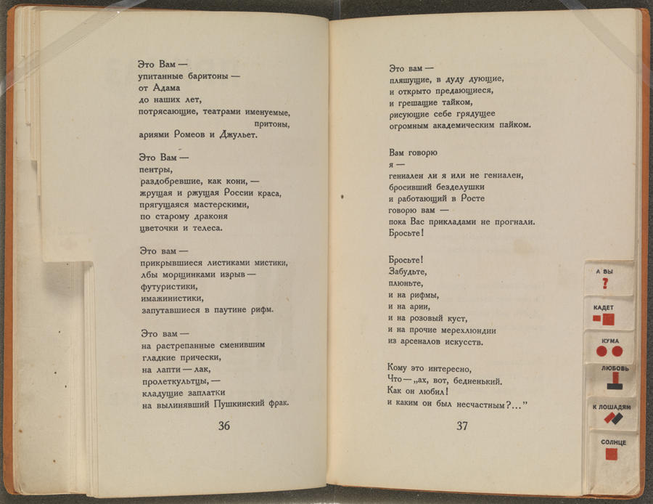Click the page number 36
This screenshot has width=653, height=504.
pos(223,426)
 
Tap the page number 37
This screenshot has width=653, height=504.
pos(462,426)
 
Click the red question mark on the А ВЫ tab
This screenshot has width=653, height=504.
pos(604,284)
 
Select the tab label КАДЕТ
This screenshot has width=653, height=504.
pos(603,308)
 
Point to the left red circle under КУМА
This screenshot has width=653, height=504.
pos(601,351)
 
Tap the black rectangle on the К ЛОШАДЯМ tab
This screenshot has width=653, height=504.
pos(617,419)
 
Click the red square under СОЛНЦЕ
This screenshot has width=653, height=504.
pos(612,454)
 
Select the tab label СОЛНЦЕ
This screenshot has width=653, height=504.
pos(612,442)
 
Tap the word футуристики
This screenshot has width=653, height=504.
pos(172,286)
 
